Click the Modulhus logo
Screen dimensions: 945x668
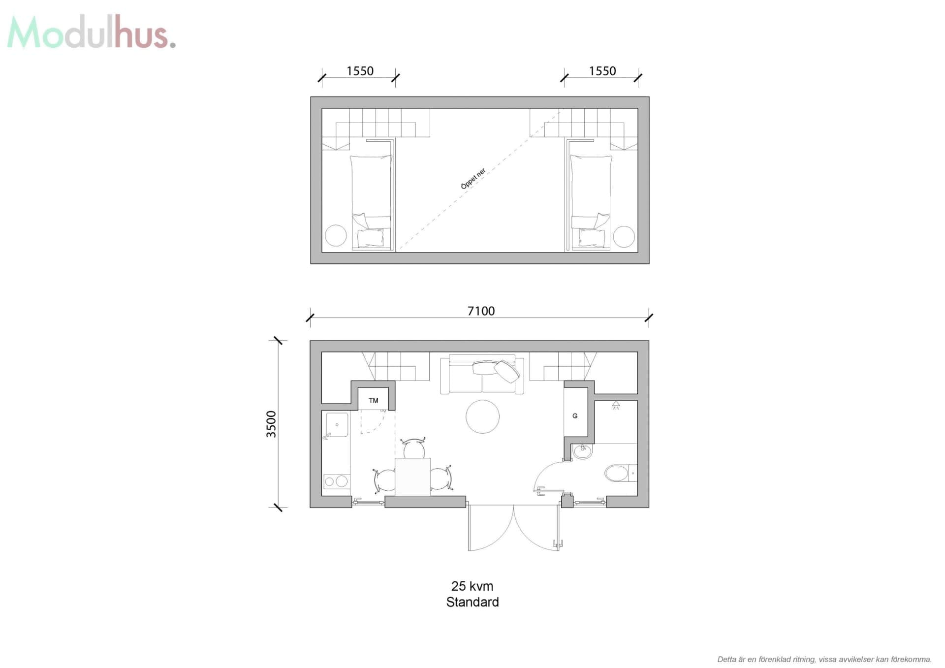coord(92,32)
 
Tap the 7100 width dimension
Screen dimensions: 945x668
coord(481,311)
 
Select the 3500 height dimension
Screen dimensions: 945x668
coord(271,424)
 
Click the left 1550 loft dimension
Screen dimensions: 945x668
coord(360,71)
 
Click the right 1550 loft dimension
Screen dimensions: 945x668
coord(602,71)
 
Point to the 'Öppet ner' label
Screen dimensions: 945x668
coord(473,179)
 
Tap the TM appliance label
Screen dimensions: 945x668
coord(374,400)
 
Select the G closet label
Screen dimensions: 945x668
coord(575,416)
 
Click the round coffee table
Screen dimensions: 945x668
coord(482,416)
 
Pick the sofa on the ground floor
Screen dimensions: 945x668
coord(482,374)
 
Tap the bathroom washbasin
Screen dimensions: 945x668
coord(583,451)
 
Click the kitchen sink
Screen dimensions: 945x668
coord(337,425)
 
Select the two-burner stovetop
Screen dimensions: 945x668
coord(337,481)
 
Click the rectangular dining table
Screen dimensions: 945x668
coord(412,477)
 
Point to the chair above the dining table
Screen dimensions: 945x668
coord(414,448)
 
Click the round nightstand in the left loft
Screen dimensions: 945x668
coord(336,236)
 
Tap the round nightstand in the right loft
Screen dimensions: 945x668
coord(624,236)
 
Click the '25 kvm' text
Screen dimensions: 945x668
coord(472,586)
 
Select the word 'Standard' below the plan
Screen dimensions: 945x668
coord(472,602)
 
